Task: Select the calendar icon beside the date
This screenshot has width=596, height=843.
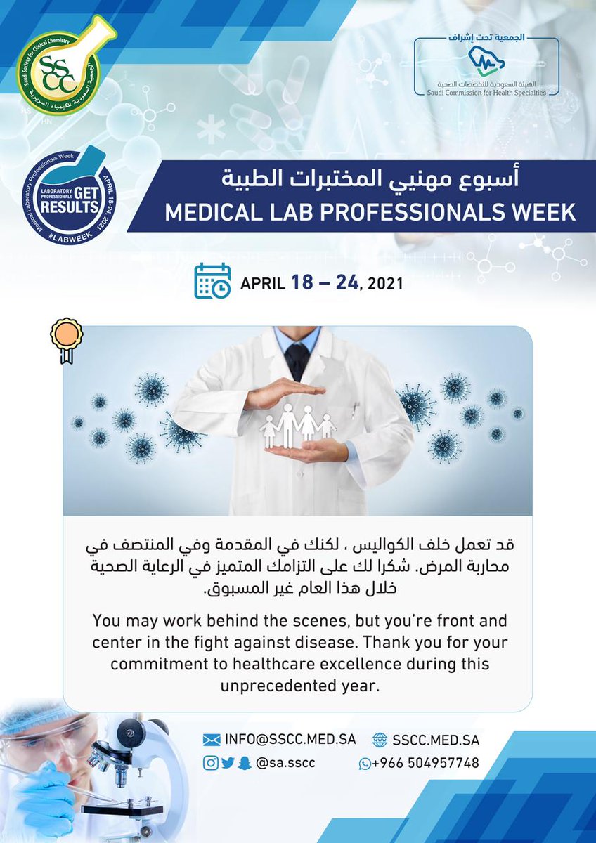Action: [212, 282]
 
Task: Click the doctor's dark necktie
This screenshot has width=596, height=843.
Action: [297, 360]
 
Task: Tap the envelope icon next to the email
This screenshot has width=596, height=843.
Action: [212, 739]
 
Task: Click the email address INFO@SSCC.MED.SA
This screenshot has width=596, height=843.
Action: [290, 739]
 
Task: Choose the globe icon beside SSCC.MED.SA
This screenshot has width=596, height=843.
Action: [380, 739]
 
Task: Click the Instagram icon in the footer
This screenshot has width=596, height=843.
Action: [210, 763]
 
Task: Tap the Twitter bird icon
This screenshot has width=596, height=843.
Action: [227, 763]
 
